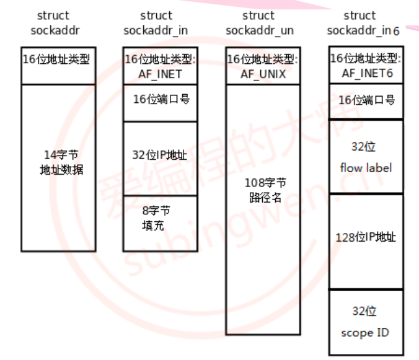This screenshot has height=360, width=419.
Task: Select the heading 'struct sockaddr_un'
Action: click(x=259, y=23)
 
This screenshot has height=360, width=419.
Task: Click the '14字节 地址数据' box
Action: click(x=58, y=167)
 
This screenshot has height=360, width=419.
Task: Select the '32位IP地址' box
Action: click(x=161, y=157)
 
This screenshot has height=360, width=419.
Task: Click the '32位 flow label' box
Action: click(x=366, y=156)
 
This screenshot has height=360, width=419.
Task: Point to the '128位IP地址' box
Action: click(x=366, y=240)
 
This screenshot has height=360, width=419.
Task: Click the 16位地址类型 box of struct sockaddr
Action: click(x=58, y=66)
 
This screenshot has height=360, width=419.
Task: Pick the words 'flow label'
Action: click(x=366, y=168)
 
